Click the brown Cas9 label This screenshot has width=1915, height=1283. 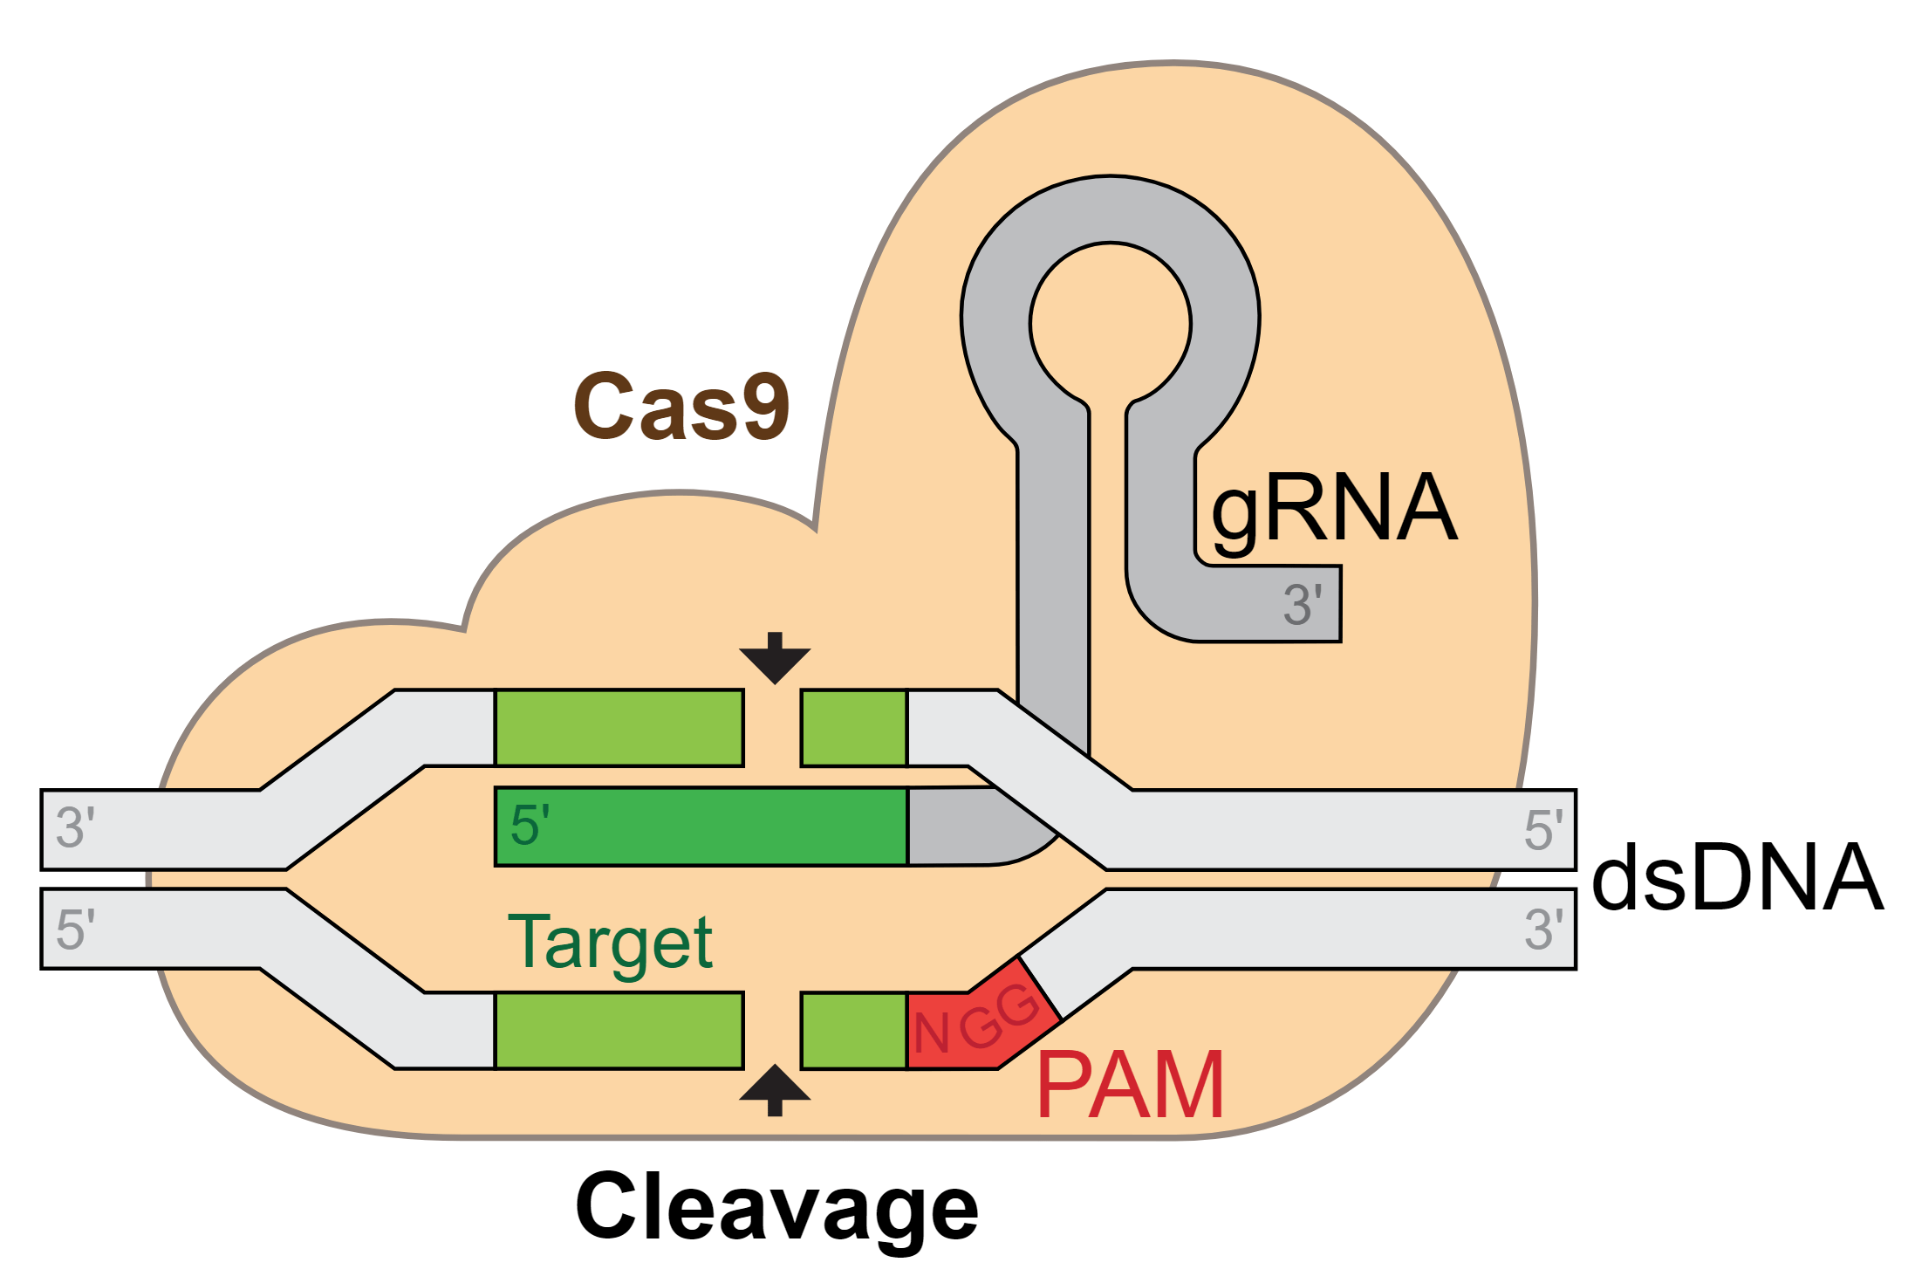tap(681, 407)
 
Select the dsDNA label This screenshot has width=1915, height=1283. tap(1736, 878)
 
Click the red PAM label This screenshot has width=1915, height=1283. tap(1131, 1085)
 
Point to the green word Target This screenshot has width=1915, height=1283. tap(610, 943)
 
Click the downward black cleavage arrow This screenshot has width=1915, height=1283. tap(775, 658)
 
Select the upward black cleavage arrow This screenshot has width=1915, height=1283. tap(775, 1090)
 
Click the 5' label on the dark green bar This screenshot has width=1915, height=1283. tap(530, 826)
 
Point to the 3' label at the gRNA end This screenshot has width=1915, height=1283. tap(1303, 605)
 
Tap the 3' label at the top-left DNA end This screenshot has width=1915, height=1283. tap(75, 828)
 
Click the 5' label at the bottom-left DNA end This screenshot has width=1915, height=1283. tap(75, 930)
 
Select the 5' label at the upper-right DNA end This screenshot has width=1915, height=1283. tap(1543, 830)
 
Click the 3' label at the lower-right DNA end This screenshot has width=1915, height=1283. tap(1543, 930)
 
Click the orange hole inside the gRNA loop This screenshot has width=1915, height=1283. tap(1110, 324)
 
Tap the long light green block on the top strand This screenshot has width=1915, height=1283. tap(619, 728)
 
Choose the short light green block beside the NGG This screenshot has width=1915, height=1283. tap(854, 1031)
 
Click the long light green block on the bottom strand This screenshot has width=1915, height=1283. tap(619, 1031)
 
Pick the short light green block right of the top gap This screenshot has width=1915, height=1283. tap(854, 728)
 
